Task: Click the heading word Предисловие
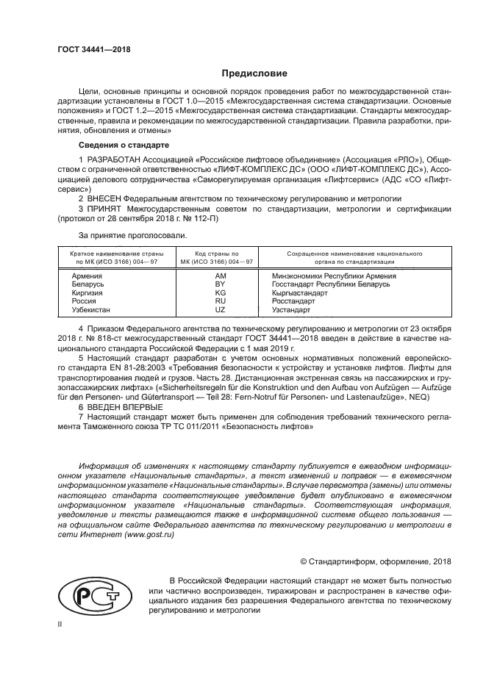(255, 73)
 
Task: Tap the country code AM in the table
(219, 276)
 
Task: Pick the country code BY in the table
(219, 284)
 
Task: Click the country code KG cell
(219, 292)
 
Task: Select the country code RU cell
(219, 301)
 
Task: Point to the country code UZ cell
(219, 309)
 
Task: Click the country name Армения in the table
(87, 276)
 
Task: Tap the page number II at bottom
(60, 625)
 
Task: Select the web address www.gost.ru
(149, 535)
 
